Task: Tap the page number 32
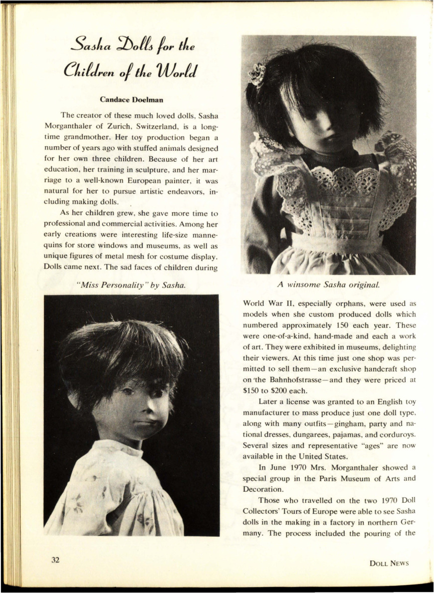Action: (x=55, y=560)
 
